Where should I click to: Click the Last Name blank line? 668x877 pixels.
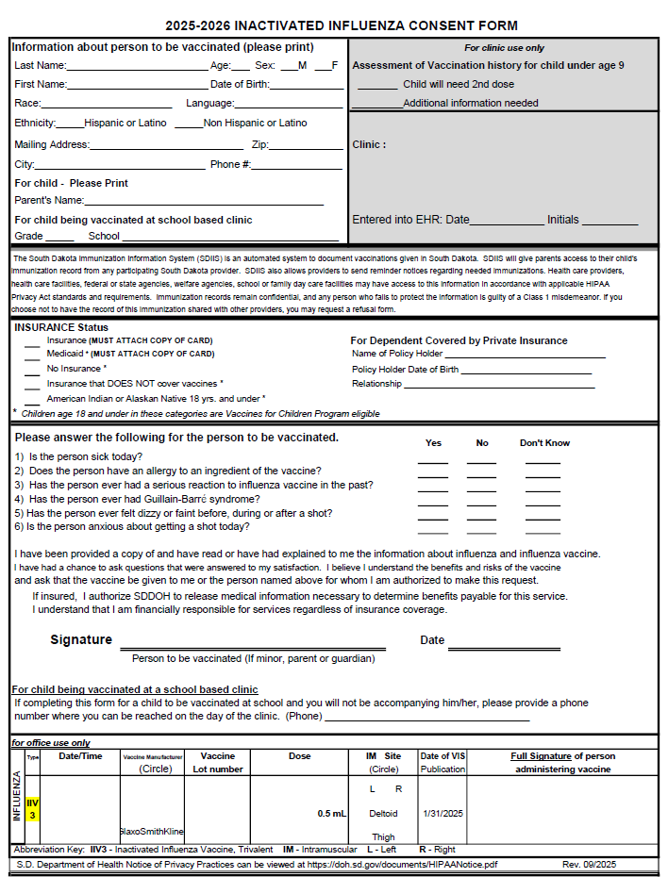coord(137,70)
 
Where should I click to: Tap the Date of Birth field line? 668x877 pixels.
coord(307,89)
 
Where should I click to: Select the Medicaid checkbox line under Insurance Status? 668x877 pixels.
coord(32,359)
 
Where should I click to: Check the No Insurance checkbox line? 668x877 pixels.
coord(32,373)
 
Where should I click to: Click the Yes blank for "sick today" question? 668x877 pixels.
coord(433,463)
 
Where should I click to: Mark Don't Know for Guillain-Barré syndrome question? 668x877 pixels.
coord(543,505)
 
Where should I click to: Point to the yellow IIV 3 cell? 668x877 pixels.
coord(32,808)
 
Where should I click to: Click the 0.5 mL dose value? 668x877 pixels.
coord(332,813)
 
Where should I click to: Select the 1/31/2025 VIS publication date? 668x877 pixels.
coord(443,813)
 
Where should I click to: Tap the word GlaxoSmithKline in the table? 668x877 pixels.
coord(151,832)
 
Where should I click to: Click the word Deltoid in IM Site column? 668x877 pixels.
coord(383,813)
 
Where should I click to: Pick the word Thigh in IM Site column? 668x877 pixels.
coord(383,836)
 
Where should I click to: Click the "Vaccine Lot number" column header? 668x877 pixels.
coord(218,762)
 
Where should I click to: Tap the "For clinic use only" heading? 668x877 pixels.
coord(504,48)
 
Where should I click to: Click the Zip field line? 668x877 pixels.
coord(307,149)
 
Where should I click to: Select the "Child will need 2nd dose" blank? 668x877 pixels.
coord(377,88)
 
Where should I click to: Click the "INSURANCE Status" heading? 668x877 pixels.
coord(61,327)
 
